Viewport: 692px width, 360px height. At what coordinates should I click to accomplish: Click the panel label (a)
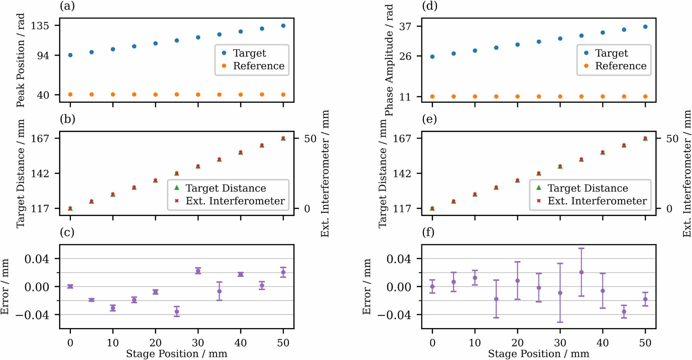67,6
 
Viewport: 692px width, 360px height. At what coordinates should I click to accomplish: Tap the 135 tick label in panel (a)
40,26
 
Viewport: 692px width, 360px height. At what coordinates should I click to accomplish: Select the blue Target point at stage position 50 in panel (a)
283,26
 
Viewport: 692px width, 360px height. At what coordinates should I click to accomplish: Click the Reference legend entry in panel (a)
258,66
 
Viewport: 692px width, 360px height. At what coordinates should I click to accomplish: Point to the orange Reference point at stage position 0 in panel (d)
432,97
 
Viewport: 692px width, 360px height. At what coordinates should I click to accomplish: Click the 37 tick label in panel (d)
405,26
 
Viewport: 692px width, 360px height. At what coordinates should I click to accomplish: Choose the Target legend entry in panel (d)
611,53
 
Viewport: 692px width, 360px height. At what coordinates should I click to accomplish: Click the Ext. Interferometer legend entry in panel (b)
235,201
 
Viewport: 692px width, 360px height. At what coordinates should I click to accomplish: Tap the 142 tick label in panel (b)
40,173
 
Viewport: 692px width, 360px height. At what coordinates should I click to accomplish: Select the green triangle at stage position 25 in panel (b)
177,173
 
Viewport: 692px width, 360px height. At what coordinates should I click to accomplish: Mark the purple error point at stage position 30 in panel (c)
198,271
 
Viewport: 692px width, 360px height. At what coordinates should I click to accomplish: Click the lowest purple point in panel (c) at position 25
177,312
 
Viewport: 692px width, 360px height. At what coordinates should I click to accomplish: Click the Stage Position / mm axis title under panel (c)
177,354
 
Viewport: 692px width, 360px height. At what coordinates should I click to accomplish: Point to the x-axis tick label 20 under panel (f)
517,343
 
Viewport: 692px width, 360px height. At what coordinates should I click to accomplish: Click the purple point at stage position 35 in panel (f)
581,272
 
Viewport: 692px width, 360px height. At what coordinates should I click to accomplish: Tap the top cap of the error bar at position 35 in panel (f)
581,248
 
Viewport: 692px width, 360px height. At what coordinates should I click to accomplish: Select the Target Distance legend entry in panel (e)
588,188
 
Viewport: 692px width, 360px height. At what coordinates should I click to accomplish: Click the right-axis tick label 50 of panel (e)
672,138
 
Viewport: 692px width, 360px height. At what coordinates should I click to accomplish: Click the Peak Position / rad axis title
20,60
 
